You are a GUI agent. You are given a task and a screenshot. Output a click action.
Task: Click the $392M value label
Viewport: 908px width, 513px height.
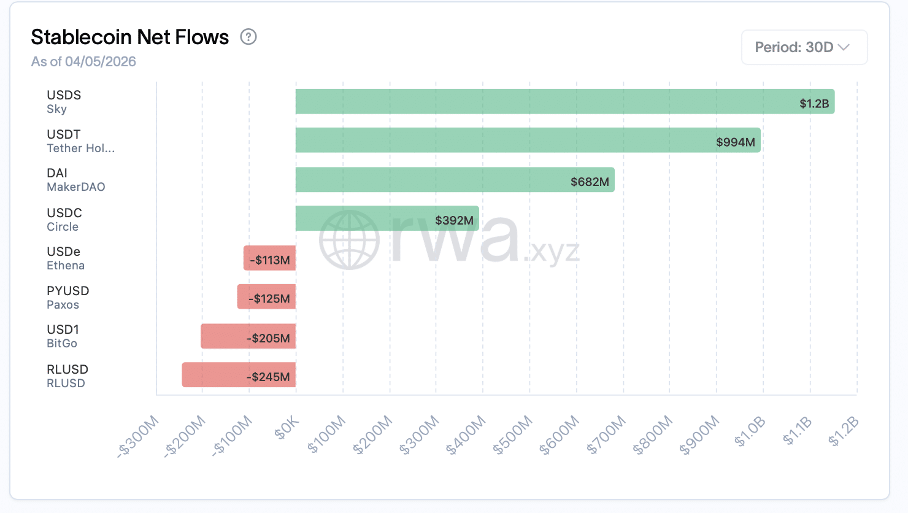tap(454, 220)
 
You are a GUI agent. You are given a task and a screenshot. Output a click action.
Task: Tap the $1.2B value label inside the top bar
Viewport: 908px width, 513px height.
tap(814, 104)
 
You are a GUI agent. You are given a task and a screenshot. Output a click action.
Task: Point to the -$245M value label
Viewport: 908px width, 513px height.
tap(268, 377)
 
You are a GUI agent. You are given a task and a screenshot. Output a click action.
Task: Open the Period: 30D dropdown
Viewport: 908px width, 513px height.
tap(804, 47)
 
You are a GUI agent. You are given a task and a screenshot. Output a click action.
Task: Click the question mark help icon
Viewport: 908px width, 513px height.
tap(248, 37)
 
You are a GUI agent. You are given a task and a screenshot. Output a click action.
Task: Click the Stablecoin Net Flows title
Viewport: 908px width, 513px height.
tap(130, 37)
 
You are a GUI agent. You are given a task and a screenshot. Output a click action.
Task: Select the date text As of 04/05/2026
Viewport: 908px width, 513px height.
tap(83, 61)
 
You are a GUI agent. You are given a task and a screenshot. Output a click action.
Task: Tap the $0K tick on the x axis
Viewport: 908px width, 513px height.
tap(287, 428)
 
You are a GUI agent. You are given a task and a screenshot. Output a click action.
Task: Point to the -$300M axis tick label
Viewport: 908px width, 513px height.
tap(138, 436)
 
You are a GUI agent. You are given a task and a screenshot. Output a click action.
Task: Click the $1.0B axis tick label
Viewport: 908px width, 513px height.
tap(750, 431)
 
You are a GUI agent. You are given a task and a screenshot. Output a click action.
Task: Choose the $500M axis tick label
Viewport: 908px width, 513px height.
tap(512, 435)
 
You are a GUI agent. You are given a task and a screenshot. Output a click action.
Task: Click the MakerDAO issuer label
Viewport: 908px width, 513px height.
tap(76, 187)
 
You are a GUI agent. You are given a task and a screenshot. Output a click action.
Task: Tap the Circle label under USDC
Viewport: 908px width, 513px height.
tap(63, 227)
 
